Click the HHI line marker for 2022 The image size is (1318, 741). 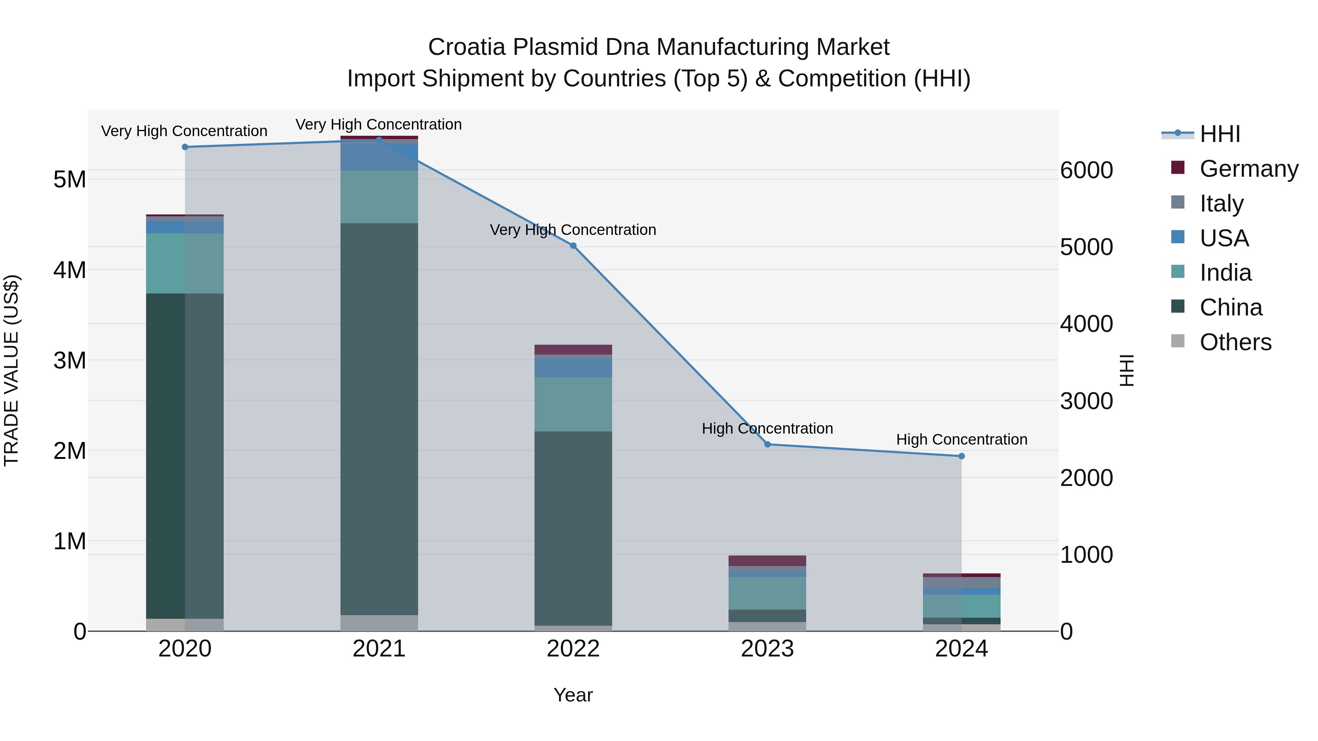[573, 246]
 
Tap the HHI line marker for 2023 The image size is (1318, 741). [767, 444]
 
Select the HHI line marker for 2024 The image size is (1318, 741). [961, 456]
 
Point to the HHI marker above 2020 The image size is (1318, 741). [185, 147]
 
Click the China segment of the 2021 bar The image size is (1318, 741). [379, 419]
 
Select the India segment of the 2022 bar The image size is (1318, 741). [573, 404]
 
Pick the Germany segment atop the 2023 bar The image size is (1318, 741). [767, 561]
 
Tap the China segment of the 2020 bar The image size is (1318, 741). [185, 455]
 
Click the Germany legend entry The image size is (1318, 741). [1248, 169]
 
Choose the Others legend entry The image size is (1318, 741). [1235, 342]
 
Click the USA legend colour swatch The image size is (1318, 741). [1178, 237]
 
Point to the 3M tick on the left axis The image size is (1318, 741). [70, 360]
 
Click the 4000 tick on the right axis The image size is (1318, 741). [1086, 324]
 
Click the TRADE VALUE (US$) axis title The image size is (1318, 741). [11, 370]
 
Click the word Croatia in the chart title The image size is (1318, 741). [467, 47]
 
